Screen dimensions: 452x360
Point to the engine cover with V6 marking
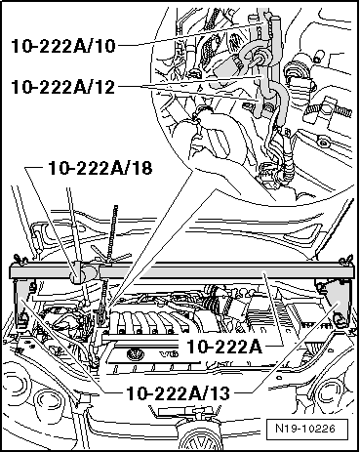point(180,357)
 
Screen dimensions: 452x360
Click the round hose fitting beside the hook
point(262,59)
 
